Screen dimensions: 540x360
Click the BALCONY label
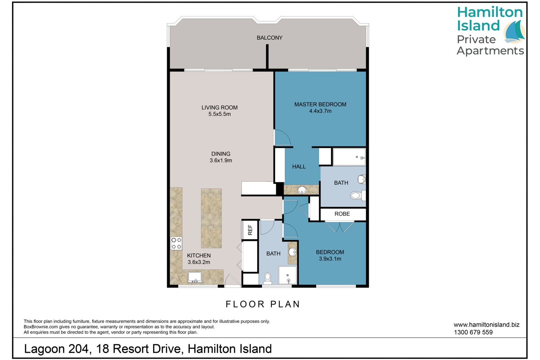tap(269, 37)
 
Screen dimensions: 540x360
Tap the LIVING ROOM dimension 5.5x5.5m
tap(219, 114)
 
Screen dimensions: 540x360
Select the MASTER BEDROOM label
tap(320, 104)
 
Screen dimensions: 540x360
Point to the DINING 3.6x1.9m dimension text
tap(221, 160)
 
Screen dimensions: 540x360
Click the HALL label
tap(299, 166)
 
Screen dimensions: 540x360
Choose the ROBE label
tap(342, 213)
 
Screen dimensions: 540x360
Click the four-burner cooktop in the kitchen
tap(176, 243)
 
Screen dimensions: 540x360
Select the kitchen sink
tap(194, 277)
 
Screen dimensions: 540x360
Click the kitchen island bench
tap(211, 218)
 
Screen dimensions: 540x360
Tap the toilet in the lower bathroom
tap(267, 279)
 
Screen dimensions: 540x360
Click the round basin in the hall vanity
tap(302, 190)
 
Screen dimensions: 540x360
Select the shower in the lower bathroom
tap(288, 275)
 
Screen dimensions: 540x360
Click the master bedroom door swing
tap(283, 138)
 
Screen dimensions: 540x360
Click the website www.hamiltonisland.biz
tap(486, 325)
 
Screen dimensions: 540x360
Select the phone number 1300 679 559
tap(473, 332)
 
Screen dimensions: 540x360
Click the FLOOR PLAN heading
tap(262, 304)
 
